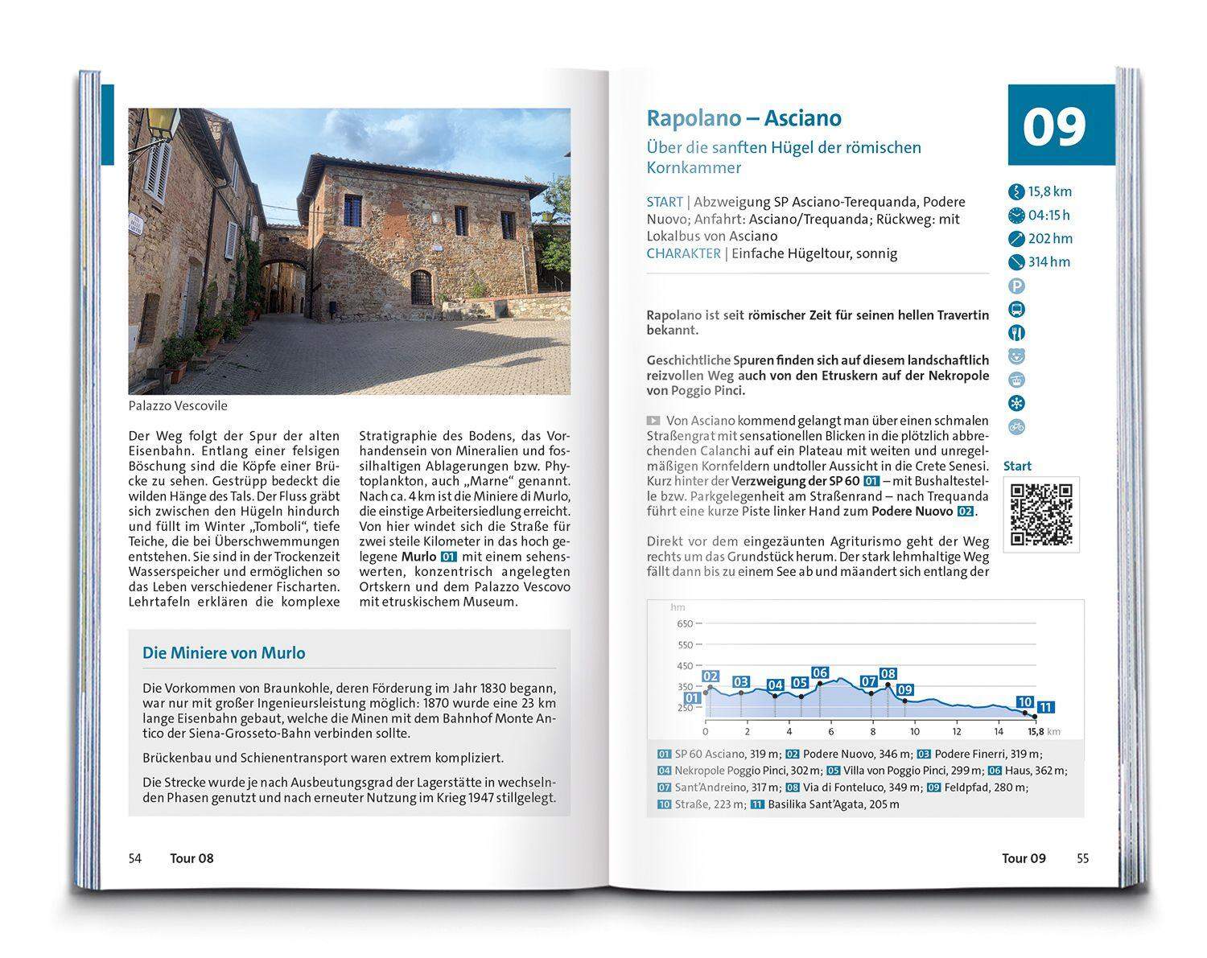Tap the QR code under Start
[1041, 514]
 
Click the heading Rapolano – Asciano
[744, 118]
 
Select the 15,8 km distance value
[1050, 191]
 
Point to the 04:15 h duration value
[1049, 215]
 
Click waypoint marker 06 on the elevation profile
[820, 673]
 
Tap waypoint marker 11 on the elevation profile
[1045, 708]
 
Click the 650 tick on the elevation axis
[684, 624]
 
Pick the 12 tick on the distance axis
[956, 732]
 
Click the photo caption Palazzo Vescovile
[178, 406]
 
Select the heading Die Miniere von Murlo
[224, 653]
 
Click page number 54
[134, 858]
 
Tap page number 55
[1083, 858]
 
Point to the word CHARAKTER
[683, 253]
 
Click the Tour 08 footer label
[192, 858]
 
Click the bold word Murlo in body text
[418, 557]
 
